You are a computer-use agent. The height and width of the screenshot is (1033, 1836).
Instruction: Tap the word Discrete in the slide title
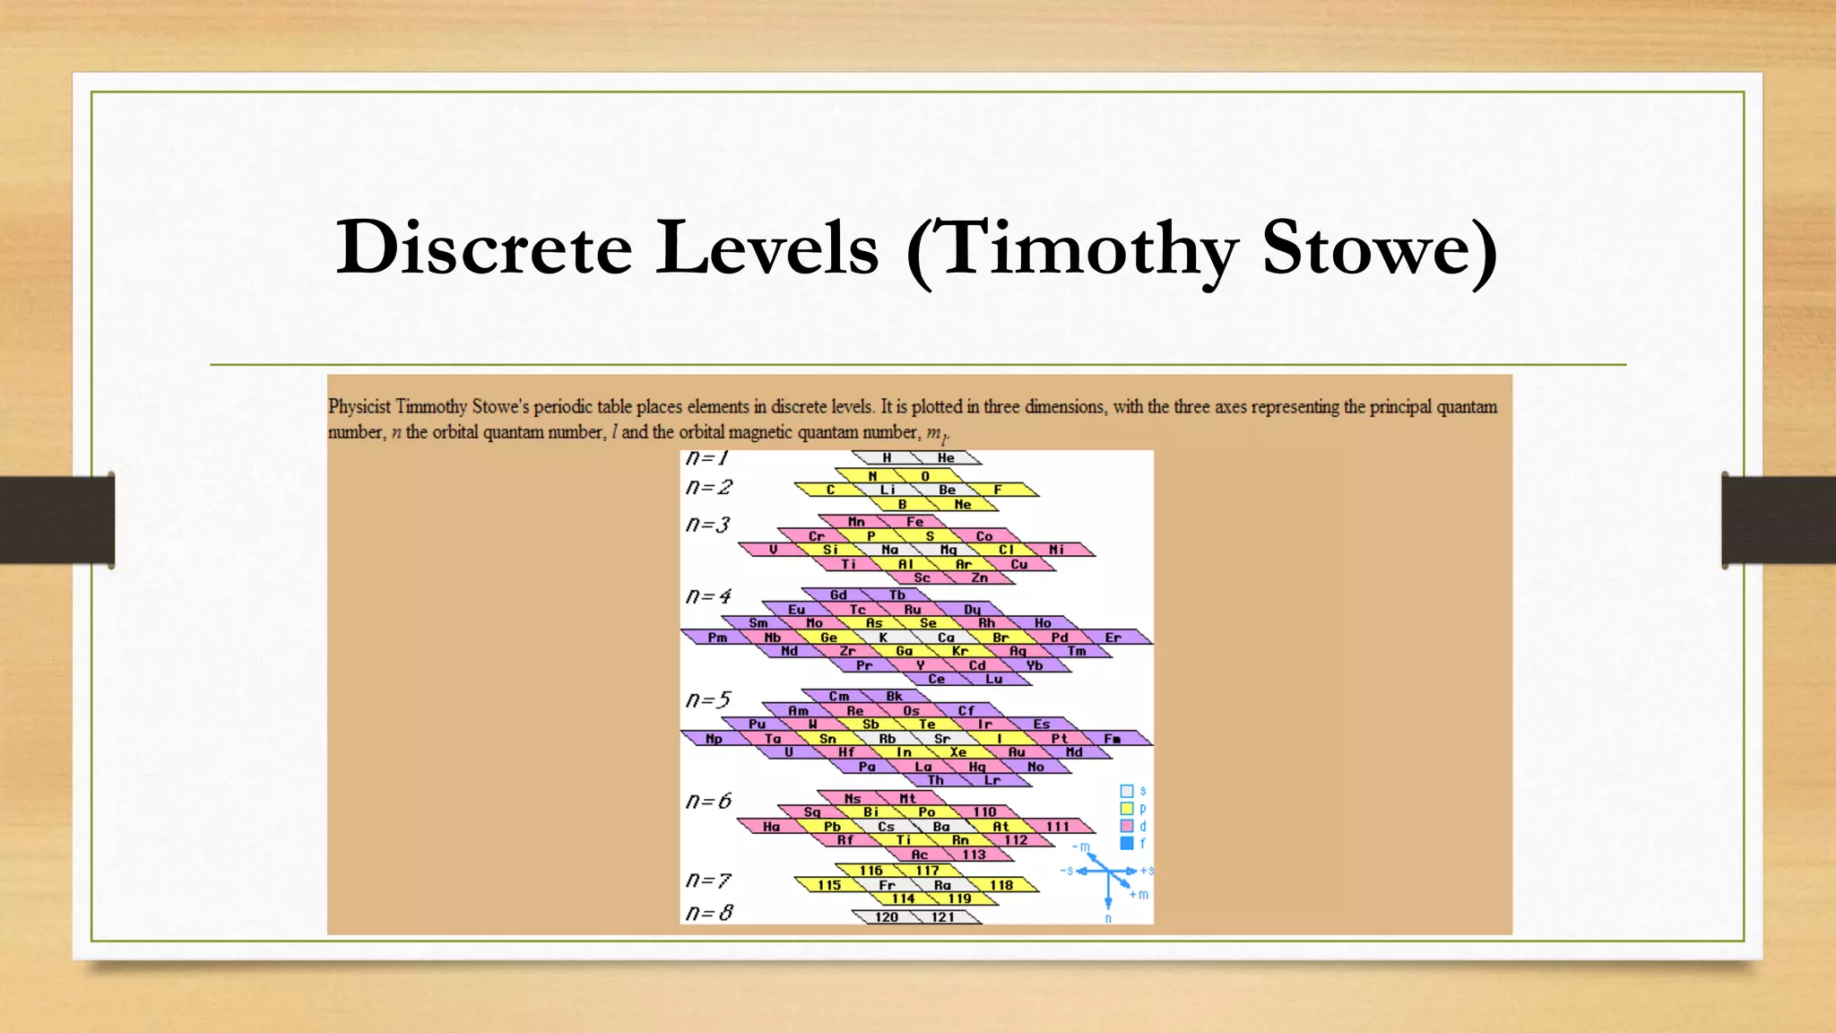(x=484, y=247)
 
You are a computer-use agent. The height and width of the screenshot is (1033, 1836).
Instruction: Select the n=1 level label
(x=706, y=458)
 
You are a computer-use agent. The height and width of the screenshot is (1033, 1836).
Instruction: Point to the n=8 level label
(x=708, y=913)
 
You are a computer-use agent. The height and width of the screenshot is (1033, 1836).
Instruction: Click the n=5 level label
(x=708, y=699)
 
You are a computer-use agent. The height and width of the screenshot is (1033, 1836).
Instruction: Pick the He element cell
(x=946, y=458)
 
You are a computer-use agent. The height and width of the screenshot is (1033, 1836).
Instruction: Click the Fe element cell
(x=914, y=522)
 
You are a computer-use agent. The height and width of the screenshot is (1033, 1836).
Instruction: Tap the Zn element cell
(x=980, y=578)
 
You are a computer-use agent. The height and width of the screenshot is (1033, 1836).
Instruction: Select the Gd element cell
(x=838, y=595)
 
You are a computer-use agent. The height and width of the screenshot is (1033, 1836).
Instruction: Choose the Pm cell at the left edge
(x=717, y=638)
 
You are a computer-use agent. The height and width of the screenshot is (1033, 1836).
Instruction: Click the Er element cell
(x=1113, y=638)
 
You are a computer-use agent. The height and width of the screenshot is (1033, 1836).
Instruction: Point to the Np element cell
(x=714, y=739)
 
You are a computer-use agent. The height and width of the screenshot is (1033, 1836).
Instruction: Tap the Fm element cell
(x=1113, y=739)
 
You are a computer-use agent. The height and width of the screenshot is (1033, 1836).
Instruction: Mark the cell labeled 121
(x=943, y=917)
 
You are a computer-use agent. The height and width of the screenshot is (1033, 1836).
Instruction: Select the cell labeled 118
(x=1001, y=885)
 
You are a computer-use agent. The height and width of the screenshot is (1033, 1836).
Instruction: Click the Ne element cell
(x=962, y=505)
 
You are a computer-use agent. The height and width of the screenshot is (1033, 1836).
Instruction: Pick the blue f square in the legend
(x=1127, y=843)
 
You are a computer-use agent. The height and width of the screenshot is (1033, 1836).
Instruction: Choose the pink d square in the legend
(x=1127, y=826)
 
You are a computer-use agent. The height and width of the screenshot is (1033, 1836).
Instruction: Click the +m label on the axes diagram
(x=1139, y=895)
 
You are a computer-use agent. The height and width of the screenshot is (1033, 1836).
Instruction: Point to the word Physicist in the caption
(x=359, y=407)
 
